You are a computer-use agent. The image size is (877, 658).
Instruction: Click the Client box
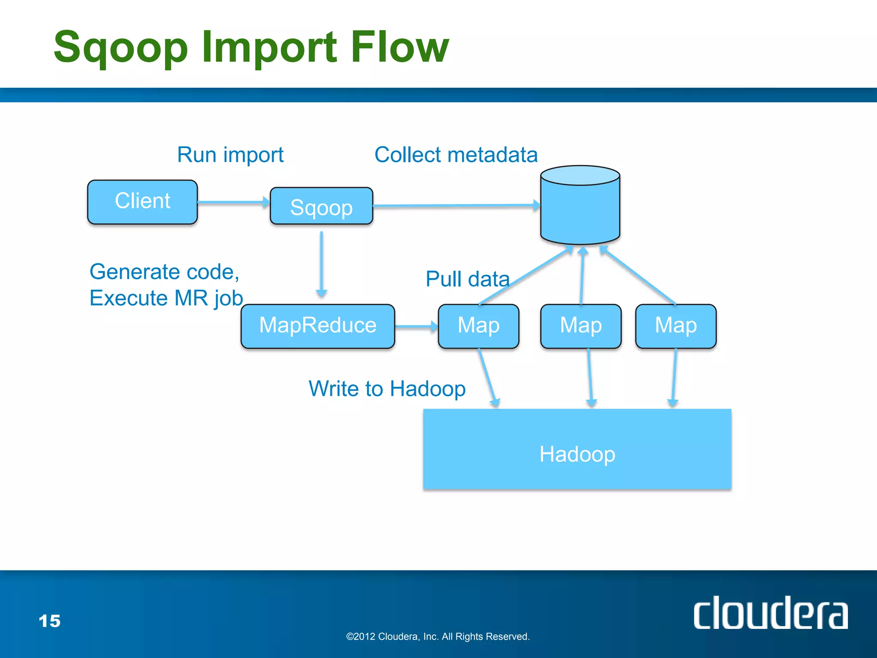[x=142, y=202]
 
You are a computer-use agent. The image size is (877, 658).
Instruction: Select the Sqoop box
[x=321, y=206]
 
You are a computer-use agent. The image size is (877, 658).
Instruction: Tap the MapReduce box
[x=317, y=326]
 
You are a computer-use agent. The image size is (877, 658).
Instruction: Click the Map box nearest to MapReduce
[x=478, y=326]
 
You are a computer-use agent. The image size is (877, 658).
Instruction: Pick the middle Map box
[x=581, y=326]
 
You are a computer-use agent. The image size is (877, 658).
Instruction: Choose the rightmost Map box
[x=676, y=326]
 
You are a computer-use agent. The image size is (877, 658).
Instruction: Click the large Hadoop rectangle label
[x=577, y=454]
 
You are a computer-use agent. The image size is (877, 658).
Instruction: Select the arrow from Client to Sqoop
[x=233, y=202]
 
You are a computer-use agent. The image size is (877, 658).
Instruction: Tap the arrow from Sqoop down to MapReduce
[x=321, y=263]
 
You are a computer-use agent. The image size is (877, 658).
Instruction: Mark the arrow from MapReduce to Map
[x=415, y=326]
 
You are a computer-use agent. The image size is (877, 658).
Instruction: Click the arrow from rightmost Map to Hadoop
[x=674, y=377]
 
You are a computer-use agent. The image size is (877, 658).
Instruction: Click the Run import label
[x=230, y=155]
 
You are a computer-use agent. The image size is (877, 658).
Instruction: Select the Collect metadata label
[x=456, y=155]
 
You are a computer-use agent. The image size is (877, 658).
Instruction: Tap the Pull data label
[x=467, y=279]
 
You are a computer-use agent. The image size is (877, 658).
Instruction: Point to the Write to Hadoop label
[x=387, y=389]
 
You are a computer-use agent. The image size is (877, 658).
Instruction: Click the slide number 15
[x=49, y=621]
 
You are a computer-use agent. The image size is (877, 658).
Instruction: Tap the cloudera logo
[x=770, y=613]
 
